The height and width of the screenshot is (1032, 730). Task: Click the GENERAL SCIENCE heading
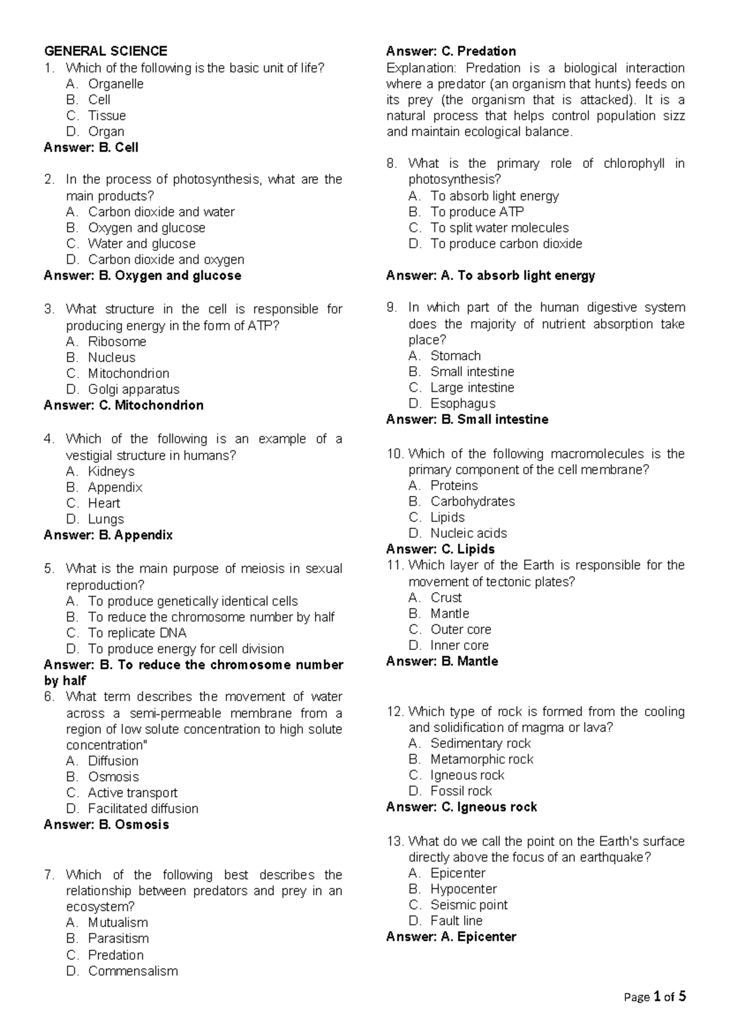coord(105,51)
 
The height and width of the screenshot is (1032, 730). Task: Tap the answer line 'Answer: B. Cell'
coord(91,147)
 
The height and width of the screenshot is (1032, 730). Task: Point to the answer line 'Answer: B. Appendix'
coord(108,535)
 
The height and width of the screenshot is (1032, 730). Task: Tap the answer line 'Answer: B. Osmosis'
coord(106,825)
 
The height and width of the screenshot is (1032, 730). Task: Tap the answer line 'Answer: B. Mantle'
coord(442,661)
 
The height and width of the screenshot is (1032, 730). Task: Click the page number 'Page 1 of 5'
coord(655,997)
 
